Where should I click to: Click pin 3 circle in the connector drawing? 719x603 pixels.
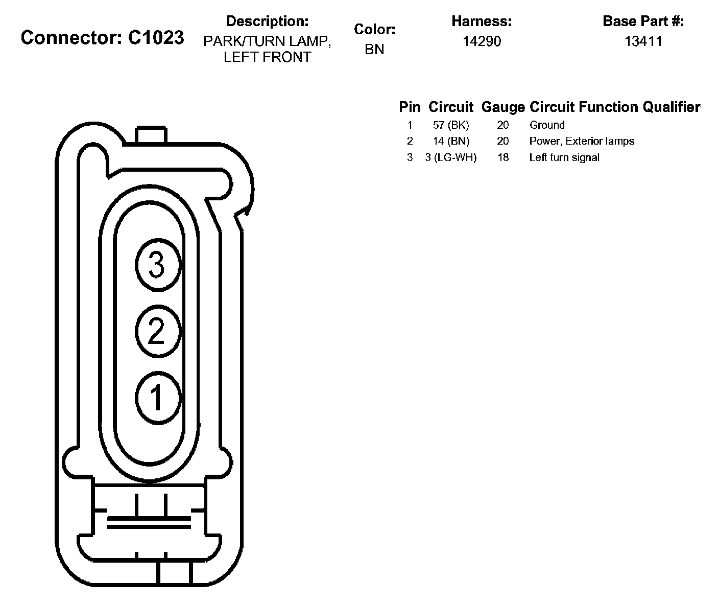[x=158, y=265]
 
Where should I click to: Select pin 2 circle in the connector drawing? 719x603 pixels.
[x=158, y=331]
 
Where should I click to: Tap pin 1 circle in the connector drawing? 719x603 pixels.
[x=158, y=398]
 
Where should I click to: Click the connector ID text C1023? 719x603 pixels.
[x=156, y=37]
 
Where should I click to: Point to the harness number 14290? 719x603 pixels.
[x=482, y=41]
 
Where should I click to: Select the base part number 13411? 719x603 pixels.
[x=643, y=41]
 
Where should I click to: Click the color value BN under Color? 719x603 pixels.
[x=374, y=49]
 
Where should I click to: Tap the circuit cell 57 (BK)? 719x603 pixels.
[x=451, y=125]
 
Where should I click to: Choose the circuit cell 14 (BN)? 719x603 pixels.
[x=451, y=141]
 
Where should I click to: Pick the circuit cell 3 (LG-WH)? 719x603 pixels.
[x=451, y=157]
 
